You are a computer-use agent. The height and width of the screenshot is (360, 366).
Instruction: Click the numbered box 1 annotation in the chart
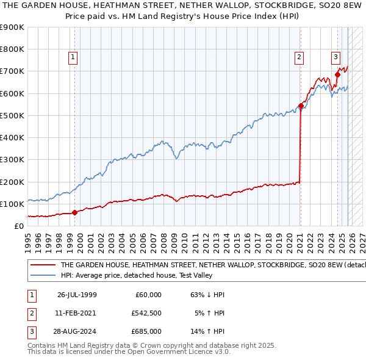(x=73, y=58)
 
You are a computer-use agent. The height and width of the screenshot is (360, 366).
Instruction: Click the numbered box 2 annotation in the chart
(x=300, y=58)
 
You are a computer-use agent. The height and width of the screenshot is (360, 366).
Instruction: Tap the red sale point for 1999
(x=74, y=212)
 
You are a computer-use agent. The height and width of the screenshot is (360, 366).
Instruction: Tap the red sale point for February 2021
(x=301, y=106)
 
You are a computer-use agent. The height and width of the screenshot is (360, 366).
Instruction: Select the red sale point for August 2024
(x=337, y=74)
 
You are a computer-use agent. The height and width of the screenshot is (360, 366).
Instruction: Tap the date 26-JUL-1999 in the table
(x=77, y=295)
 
